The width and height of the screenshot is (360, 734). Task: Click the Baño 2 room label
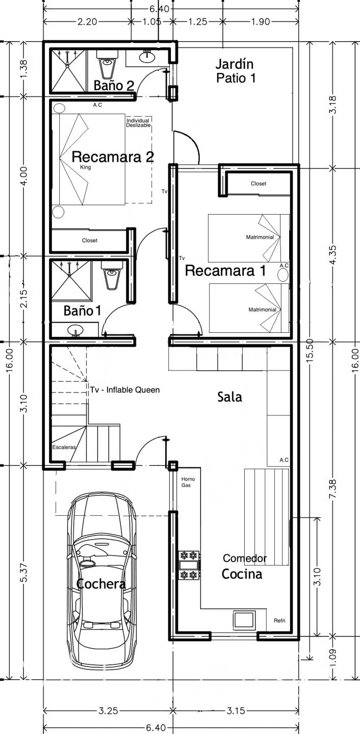point(114,86)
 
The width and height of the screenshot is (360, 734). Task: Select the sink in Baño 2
point(146,57)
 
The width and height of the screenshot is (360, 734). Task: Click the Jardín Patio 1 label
point(235,71)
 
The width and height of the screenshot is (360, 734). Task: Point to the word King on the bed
point(86,167)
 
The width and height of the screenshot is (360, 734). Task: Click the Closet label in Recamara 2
point(90,240)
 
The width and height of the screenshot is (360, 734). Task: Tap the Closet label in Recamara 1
point(259,183)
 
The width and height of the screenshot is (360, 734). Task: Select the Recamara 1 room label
point(225,271)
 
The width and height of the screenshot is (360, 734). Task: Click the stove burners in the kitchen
point(189,565)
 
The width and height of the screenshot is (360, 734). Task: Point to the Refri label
point(279,620)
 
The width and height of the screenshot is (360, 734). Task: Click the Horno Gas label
point(188,482)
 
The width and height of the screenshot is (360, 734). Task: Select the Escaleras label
point(64,447)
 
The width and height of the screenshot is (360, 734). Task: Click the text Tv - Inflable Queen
point(125,389)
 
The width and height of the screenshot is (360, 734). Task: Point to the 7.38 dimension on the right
point(332,489)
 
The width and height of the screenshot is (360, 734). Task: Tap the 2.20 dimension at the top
point(87,21)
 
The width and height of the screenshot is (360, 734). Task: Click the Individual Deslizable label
point(138,123)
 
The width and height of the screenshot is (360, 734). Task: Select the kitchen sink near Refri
point(244,619)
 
